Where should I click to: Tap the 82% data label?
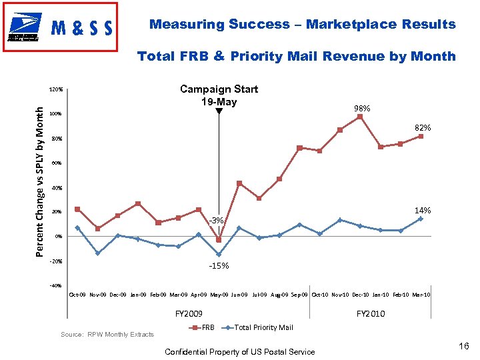point(423,127)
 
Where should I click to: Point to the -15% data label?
point(219,266)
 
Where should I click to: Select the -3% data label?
point(217,220)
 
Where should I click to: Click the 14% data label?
point(423,211)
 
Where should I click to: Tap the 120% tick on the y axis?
point(56,89)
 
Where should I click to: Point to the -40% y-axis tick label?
point(55,286)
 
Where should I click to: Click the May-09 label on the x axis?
point(219,295)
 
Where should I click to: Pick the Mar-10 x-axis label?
point(421,295)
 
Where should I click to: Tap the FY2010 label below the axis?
point(371,313)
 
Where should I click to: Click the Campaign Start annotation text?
point(219,89)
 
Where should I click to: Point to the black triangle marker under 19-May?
point(219,112)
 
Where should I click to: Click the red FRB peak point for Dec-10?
point(360,117)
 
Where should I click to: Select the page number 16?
point(464,345)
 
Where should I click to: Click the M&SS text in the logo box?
point(82,29)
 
